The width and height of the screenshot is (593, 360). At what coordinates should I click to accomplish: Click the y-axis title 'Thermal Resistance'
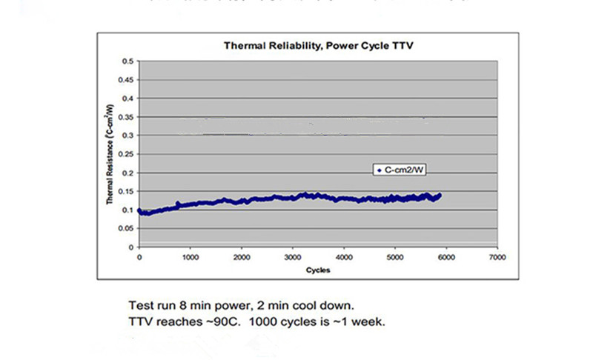pyautogui.click(x=108, y=153)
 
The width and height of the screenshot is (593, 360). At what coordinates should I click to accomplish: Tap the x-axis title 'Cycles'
pyautogui.click(x=318, y=270)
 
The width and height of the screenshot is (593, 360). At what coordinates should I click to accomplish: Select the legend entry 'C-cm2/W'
pyautogui.click(x=401, y=170)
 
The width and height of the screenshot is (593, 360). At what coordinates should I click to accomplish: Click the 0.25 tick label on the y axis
pyautogui.click(x=127, y=154)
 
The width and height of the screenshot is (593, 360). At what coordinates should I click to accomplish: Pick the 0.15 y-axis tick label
pyautogui.click(x=127, y=191)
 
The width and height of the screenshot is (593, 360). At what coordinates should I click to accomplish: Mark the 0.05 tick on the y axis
pyautogui.click(x=127, y=228)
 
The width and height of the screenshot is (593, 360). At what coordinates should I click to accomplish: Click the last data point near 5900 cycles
pyautogui.click(x=440, y=195)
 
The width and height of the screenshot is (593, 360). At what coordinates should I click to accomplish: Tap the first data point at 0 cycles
pyautogui.click(x=139, y=210)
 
